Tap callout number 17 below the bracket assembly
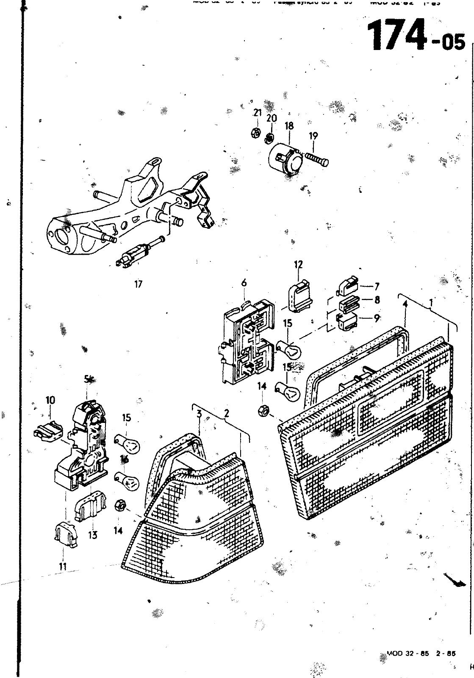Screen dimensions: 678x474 (138, 284)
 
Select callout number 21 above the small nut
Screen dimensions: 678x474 (258, 112)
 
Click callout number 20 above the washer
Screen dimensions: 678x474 (272, 118)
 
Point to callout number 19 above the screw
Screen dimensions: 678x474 (313, 136)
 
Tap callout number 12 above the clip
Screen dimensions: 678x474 (298, 264)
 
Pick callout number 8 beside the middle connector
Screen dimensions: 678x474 (377, 300)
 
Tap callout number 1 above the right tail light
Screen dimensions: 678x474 (431, 303)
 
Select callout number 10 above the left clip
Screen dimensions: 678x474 (50, 400)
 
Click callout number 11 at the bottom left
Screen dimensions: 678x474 (63, 566)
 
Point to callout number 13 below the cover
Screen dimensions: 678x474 (92, 535)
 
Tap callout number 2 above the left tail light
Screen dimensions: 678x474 (227, 413)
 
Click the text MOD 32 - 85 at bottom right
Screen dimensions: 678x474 (407, 653)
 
